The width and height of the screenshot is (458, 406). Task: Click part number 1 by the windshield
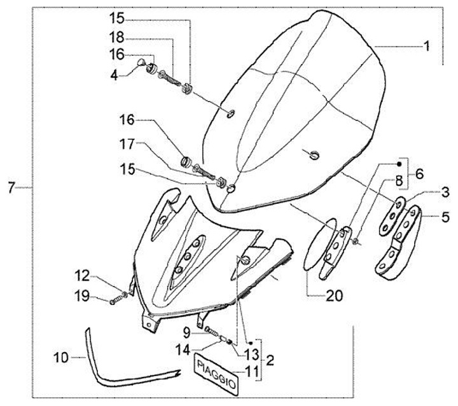(x=427, y=46)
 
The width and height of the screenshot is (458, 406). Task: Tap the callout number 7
(x=11, y=187)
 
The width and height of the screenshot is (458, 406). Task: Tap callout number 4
(x=114, y=75)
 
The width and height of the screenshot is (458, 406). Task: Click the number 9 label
(x=187, y=331)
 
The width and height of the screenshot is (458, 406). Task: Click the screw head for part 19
(x=113, y=301)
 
